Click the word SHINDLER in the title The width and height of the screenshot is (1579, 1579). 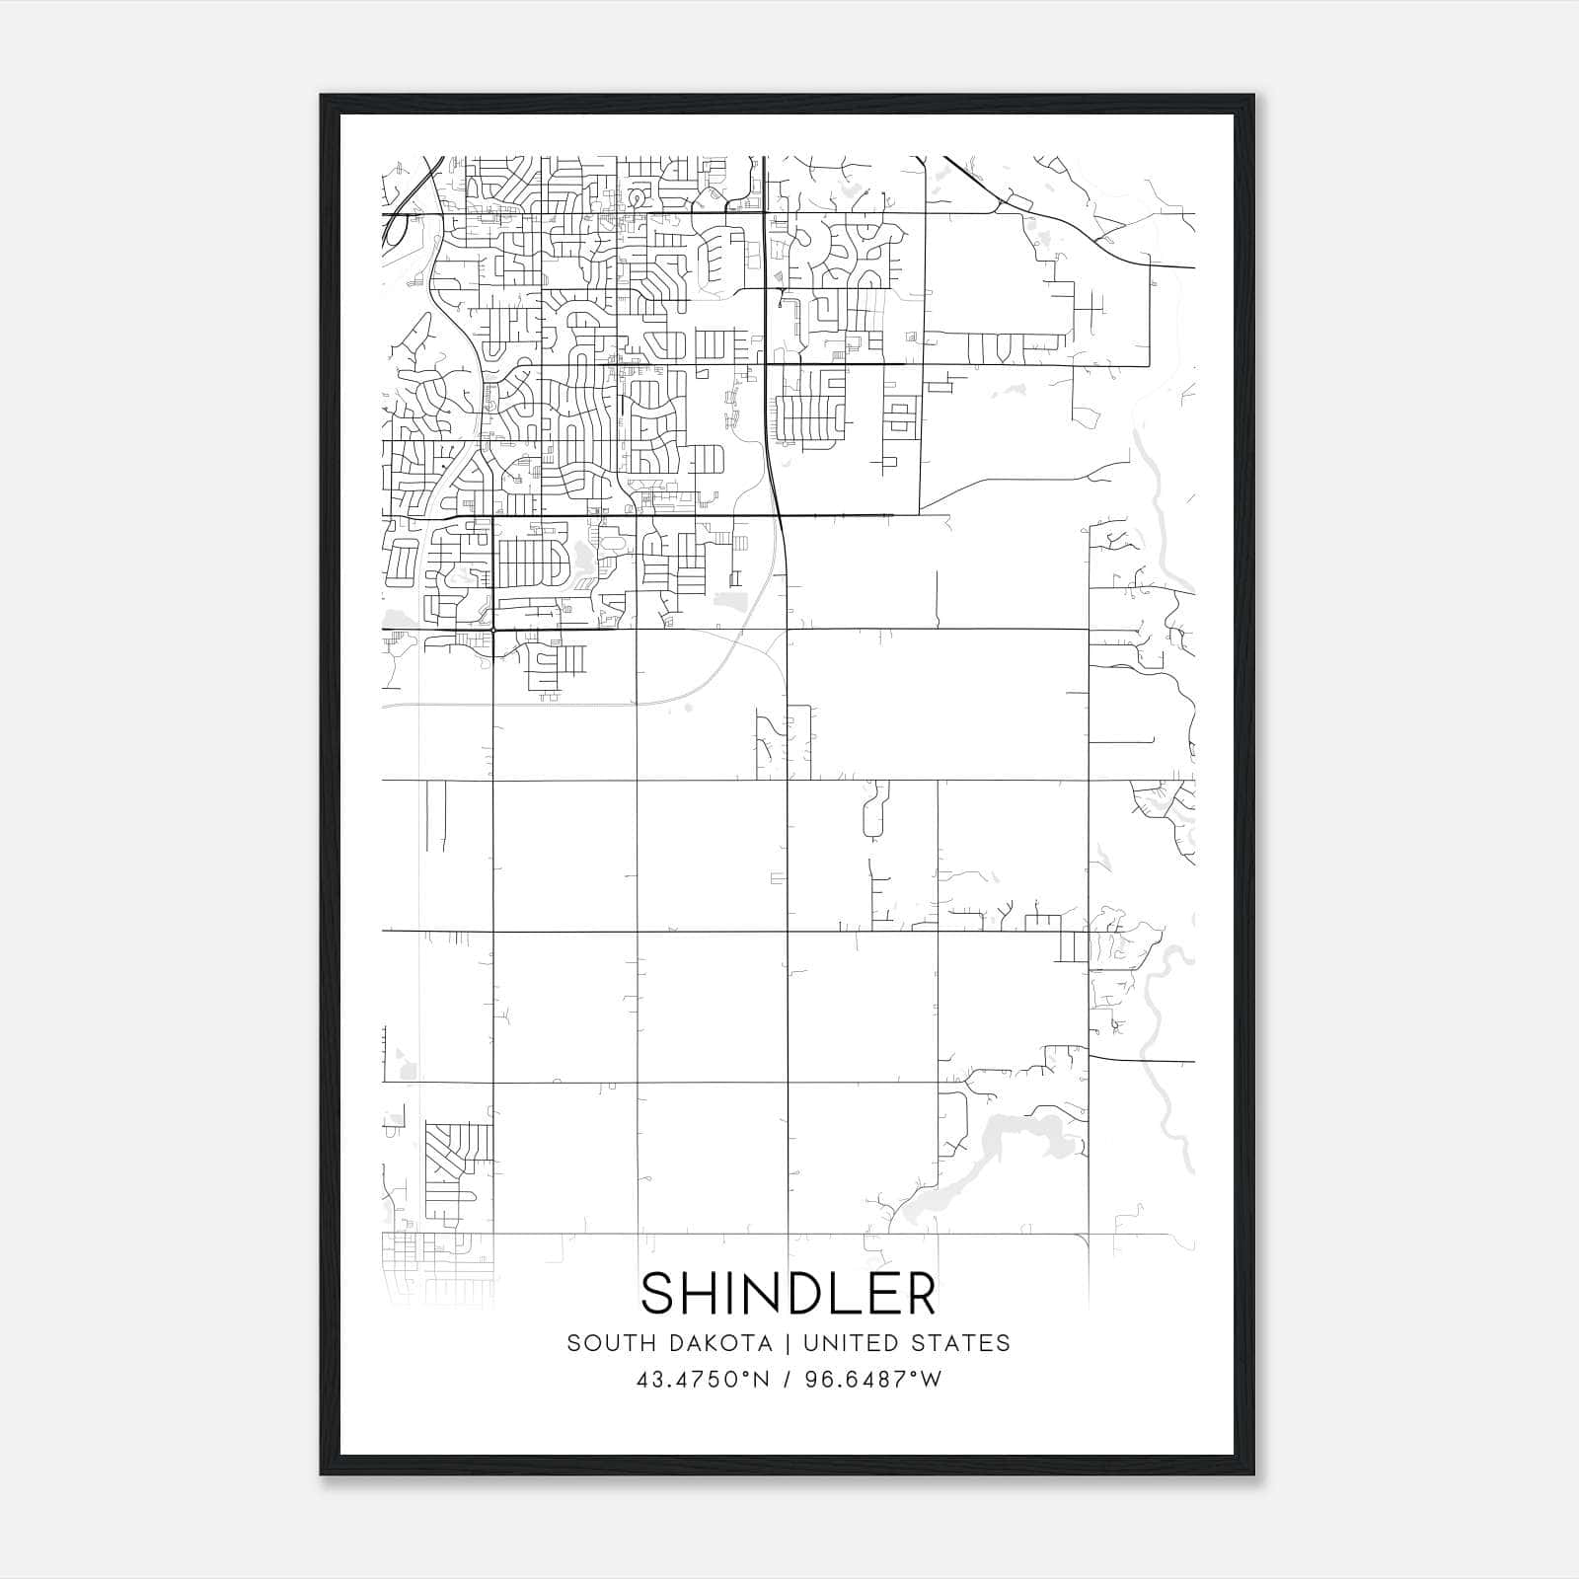point(789,1294)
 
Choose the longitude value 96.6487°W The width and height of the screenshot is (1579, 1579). point(873,1380)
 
